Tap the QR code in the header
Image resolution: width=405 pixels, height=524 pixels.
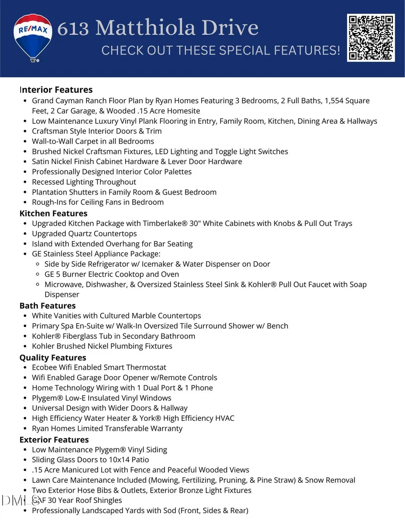click(x=371, y=38)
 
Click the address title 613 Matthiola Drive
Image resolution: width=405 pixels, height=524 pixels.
click(x=158, y=28)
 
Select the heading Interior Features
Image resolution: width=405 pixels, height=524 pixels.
click(x=56, y=90)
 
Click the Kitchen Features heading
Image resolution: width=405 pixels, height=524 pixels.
click(x=54, y=214)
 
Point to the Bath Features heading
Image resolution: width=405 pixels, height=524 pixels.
click(x=48, y=306)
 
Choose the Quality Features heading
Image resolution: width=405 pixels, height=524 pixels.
click(x=53, y=358)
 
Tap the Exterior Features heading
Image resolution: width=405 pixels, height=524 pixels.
click(x=54, y=440)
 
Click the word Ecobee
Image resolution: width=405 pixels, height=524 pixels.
click(x=45, y=367)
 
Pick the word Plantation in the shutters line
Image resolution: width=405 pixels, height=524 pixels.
click(x=52, y=192)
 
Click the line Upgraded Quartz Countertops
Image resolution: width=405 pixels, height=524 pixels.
click(x=84, y=234)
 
